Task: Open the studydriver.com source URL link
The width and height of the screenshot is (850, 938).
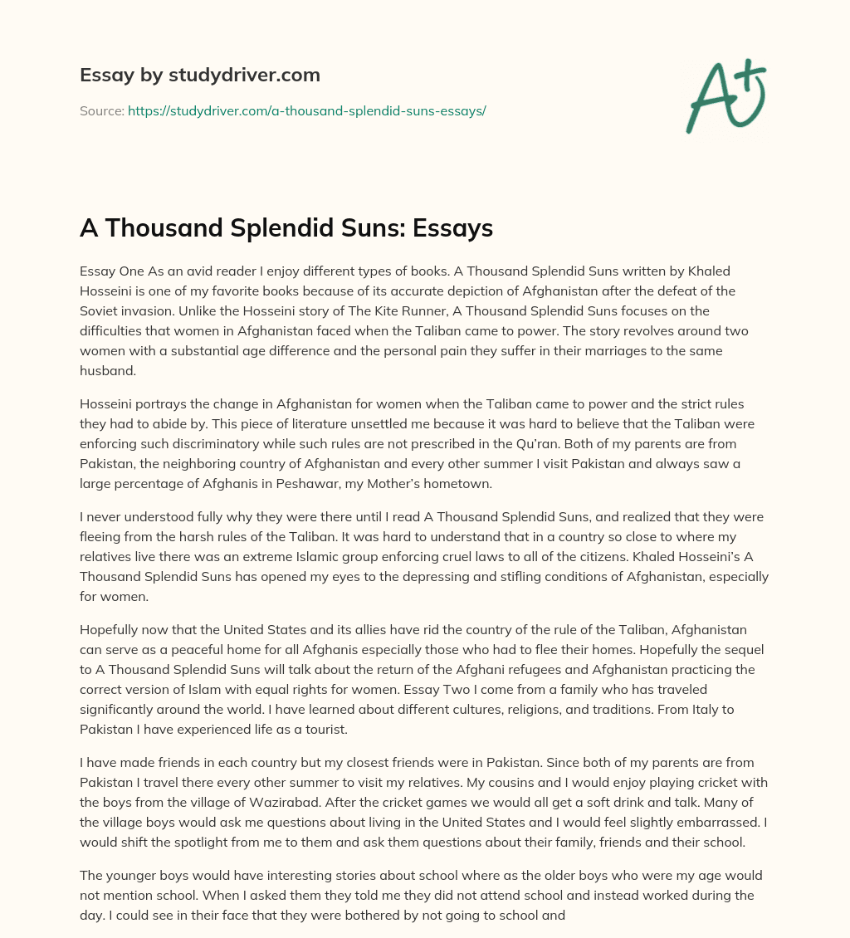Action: pos(306,110)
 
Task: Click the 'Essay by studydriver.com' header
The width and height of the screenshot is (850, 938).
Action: pos(200,75)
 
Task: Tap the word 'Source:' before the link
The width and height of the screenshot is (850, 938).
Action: pos(101,110)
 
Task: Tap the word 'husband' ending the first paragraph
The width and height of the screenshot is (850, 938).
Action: pos(105,371)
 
